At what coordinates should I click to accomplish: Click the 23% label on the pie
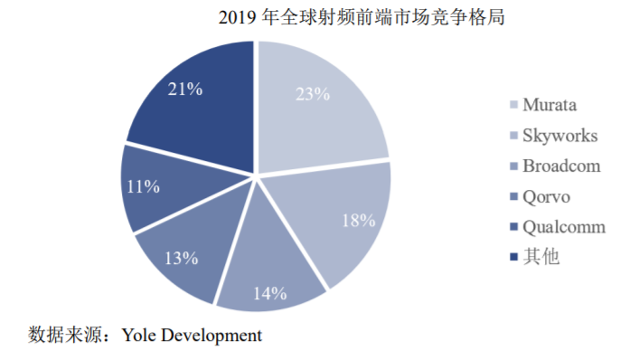point(313,94)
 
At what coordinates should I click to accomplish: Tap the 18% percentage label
point(359,221)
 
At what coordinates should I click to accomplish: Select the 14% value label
point(270,293)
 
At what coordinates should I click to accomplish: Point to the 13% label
point(182,258)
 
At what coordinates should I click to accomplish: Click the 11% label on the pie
point(143,186)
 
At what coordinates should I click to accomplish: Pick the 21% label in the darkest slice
point(185,89)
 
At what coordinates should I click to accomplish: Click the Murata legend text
point(550,105)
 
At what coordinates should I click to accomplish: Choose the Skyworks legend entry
point(560,136)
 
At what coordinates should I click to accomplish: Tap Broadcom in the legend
point(561,166)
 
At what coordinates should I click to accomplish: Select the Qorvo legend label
point(547,197)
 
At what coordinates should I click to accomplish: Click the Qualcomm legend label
point(564,227)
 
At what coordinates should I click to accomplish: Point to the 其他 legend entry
point(541,257)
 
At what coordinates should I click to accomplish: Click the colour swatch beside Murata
point(514,105)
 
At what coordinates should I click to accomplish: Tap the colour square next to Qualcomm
point(514,227)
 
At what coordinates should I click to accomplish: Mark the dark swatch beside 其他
point(514,257)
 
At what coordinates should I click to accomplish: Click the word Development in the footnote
point(211,336)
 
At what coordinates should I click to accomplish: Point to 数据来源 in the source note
point(65,336)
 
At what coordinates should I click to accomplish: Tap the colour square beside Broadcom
point(514,166)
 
